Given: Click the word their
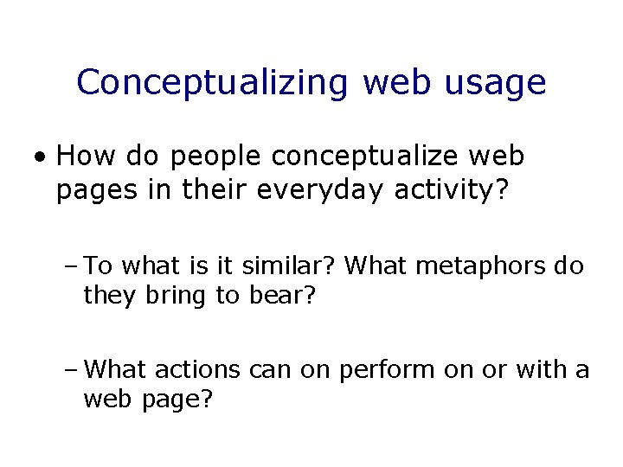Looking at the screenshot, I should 215,189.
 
